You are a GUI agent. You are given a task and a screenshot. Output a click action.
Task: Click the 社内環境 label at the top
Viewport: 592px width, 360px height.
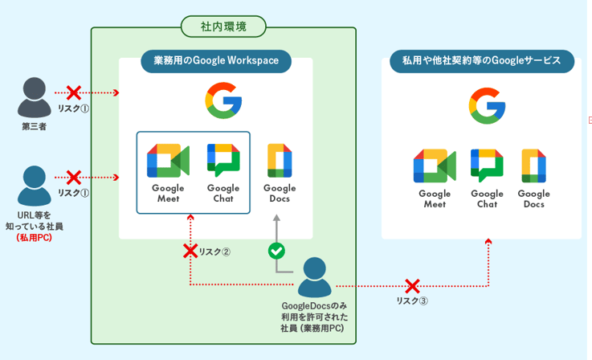click(223, 27)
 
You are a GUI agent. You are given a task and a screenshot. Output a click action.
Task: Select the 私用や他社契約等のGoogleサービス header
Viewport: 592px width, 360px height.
click(481, 61)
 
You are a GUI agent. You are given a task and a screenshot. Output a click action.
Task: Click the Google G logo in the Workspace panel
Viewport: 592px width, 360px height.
click(223, 101)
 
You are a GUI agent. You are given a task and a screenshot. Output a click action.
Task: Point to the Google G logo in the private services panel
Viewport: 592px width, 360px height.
click(487, 106)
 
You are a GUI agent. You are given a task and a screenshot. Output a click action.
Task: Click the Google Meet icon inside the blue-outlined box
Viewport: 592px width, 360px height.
click(168, 161)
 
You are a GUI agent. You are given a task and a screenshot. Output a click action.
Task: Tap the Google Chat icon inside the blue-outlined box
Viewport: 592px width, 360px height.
click(223, 161)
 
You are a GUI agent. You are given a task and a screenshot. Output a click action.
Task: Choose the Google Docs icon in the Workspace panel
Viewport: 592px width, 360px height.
click(279, 161)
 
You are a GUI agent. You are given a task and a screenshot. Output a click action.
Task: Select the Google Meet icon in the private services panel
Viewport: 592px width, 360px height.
click(435, 166)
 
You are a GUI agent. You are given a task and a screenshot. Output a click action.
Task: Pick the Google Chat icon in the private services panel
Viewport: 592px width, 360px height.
click(487, 166)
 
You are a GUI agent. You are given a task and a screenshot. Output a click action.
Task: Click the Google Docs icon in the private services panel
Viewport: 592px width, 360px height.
click(533, 166)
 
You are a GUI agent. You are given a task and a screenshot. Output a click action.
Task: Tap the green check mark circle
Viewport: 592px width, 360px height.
click(276, 251)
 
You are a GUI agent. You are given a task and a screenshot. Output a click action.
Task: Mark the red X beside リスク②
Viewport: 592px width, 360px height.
click(190, 251)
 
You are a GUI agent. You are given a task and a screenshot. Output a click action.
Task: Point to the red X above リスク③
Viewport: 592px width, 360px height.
click(412, 286)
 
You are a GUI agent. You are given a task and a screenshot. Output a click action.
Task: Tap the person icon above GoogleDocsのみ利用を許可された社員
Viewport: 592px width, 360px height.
click(314, 277)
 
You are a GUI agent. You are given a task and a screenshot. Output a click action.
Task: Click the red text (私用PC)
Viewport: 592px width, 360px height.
click(34, 239)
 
